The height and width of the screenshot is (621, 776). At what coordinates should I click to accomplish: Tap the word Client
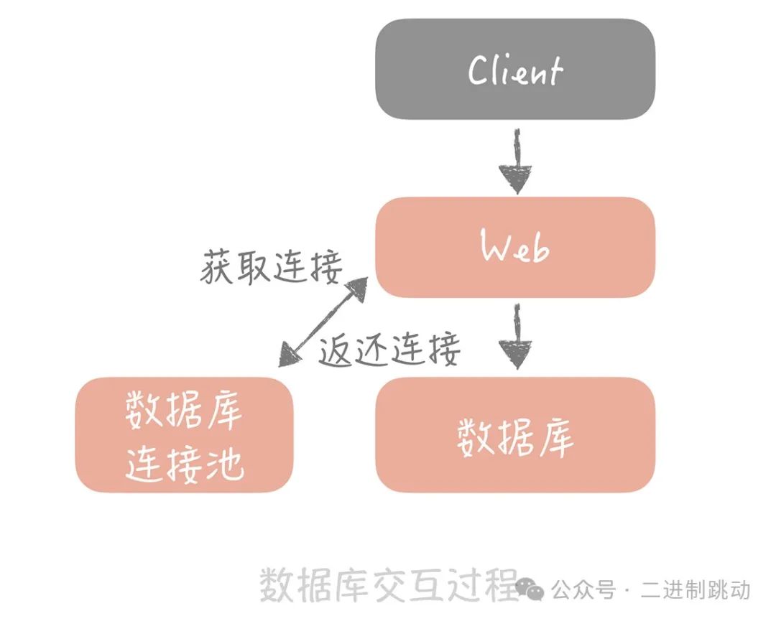point(515,70)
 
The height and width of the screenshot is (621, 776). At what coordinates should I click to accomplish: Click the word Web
point(515,248)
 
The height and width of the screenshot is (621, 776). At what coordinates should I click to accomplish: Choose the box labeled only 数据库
point(515,434)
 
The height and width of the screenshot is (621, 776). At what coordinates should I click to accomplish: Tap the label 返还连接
point(389,350)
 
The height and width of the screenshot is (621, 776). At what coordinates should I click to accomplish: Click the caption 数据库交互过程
point(388,584)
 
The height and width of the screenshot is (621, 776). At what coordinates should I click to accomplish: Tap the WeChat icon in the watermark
point(532,590)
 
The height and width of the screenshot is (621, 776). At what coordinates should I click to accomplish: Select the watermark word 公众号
point(584,590)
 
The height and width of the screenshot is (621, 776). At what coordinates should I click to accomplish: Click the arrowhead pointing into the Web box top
point(516,179)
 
